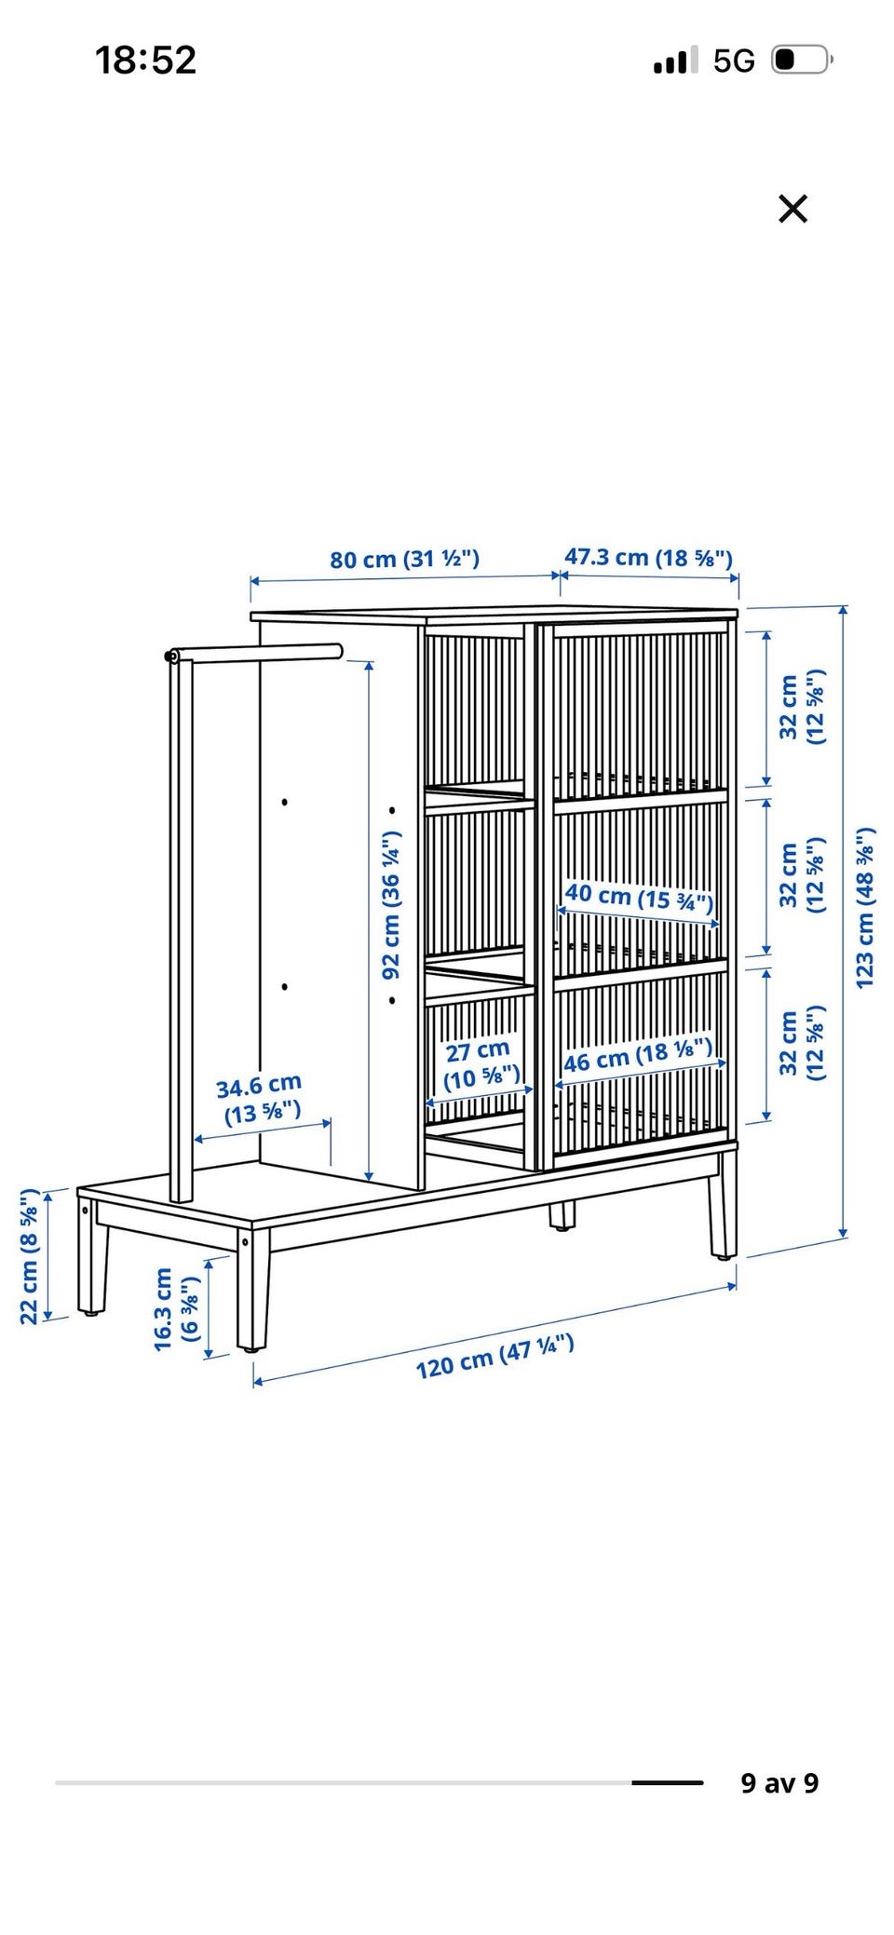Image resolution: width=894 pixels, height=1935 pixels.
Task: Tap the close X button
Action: tap(792, 209)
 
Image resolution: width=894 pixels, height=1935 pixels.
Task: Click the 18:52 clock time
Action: tap(146, 61)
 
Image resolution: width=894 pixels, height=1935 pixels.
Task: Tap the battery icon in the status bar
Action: tap(801, 61)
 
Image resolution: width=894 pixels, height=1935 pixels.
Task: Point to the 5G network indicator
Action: tap(734, 61)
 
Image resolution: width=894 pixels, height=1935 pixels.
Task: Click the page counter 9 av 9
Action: tap(779, 1782)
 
